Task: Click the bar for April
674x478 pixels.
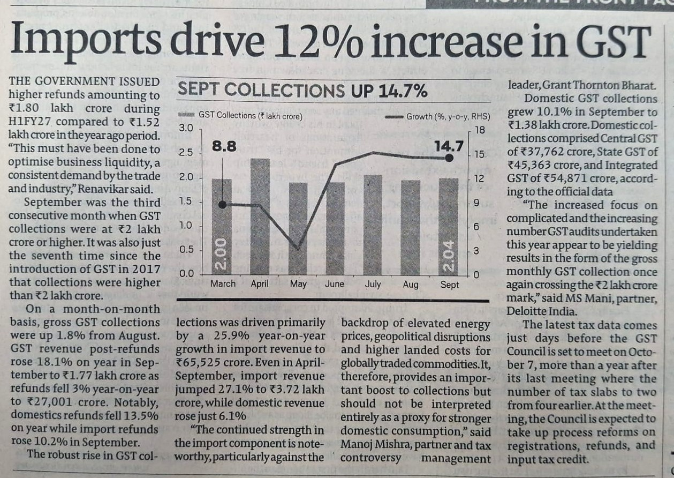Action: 260,216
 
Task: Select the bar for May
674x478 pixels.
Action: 298,229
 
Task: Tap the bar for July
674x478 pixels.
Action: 373,225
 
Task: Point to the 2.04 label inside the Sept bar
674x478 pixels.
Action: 449,255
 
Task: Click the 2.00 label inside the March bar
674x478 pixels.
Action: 222,254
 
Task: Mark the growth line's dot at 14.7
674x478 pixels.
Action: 449,158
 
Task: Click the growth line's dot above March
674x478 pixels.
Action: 222,205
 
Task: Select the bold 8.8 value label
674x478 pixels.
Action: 224,147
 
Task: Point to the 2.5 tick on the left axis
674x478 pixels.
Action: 186,153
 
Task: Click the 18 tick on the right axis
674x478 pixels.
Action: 480,130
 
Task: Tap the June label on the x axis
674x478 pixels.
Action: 334,284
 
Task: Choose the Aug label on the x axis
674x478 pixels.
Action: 411,285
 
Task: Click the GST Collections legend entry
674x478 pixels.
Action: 240,115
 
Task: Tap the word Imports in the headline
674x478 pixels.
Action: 86,41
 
